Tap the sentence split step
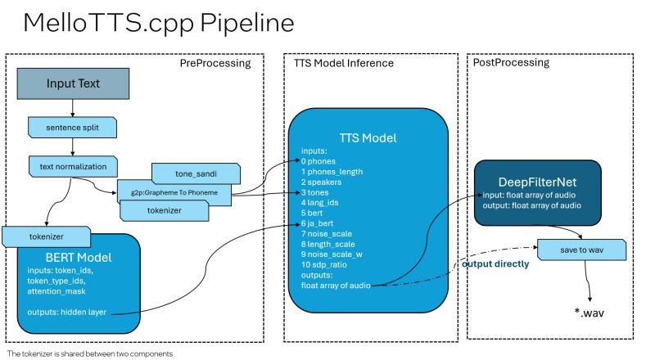click(73, 128)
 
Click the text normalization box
click(73, 166)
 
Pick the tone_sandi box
click(196, 173)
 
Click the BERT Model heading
click(77, 257)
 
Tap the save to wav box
click(580, 247)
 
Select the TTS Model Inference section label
click(344, 63)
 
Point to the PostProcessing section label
click(512, 63)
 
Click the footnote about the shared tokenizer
click(90, 353)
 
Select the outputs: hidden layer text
click(75, 313)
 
